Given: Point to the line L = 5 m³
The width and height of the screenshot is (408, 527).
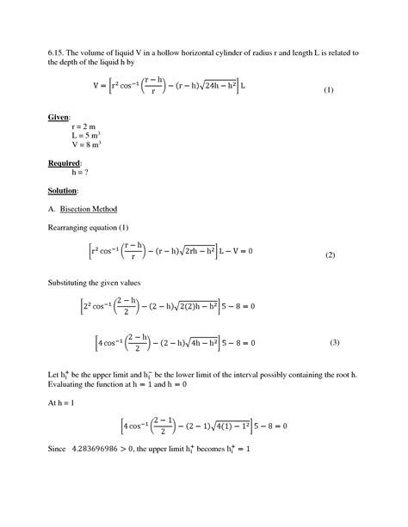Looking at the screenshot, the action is [86, 135].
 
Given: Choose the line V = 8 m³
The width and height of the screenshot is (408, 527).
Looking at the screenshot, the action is [86, 145].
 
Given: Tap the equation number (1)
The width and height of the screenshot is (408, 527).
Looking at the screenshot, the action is [328, 90].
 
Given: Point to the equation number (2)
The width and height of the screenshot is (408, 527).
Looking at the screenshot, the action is [330, 256].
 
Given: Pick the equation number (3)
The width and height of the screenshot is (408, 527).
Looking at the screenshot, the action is [335, 343].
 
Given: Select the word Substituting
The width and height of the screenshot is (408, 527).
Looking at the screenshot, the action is [72, 282].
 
